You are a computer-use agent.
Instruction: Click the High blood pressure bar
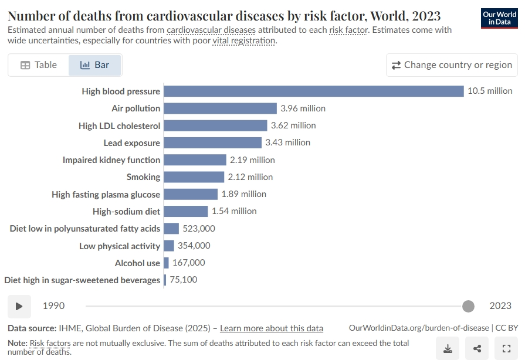314,91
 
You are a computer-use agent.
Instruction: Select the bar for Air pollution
221,108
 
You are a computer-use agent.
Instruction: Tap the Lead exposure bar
212,142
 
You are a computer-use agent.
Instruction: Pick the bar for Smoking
194,177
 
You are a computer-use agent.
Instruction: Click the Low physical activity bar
169,246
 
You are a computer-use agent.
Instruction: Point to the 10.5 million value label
490,91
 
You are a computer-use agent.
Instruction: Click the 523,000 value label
199,229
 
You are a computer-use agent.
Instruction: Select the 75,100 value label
184,280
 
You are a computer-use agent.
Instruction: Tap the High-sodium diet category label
126,212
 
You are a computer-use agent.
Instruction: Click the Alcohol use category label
137,263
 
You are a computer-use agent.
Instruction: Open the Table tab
39,65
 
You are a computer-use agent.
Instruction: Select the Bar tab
95,65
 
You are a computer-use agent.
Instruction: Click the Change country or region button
452,65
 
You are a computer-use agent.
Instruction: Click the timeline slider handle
468,306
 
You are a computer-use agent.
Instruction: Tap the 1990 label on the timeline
53,306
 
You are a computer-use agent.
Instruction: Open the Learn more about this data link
272,328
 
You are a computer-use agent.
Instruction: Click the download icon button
448,349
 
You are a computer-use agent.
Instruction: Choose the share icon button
477,349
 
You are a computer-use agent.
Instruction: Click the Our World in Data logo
499,18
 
